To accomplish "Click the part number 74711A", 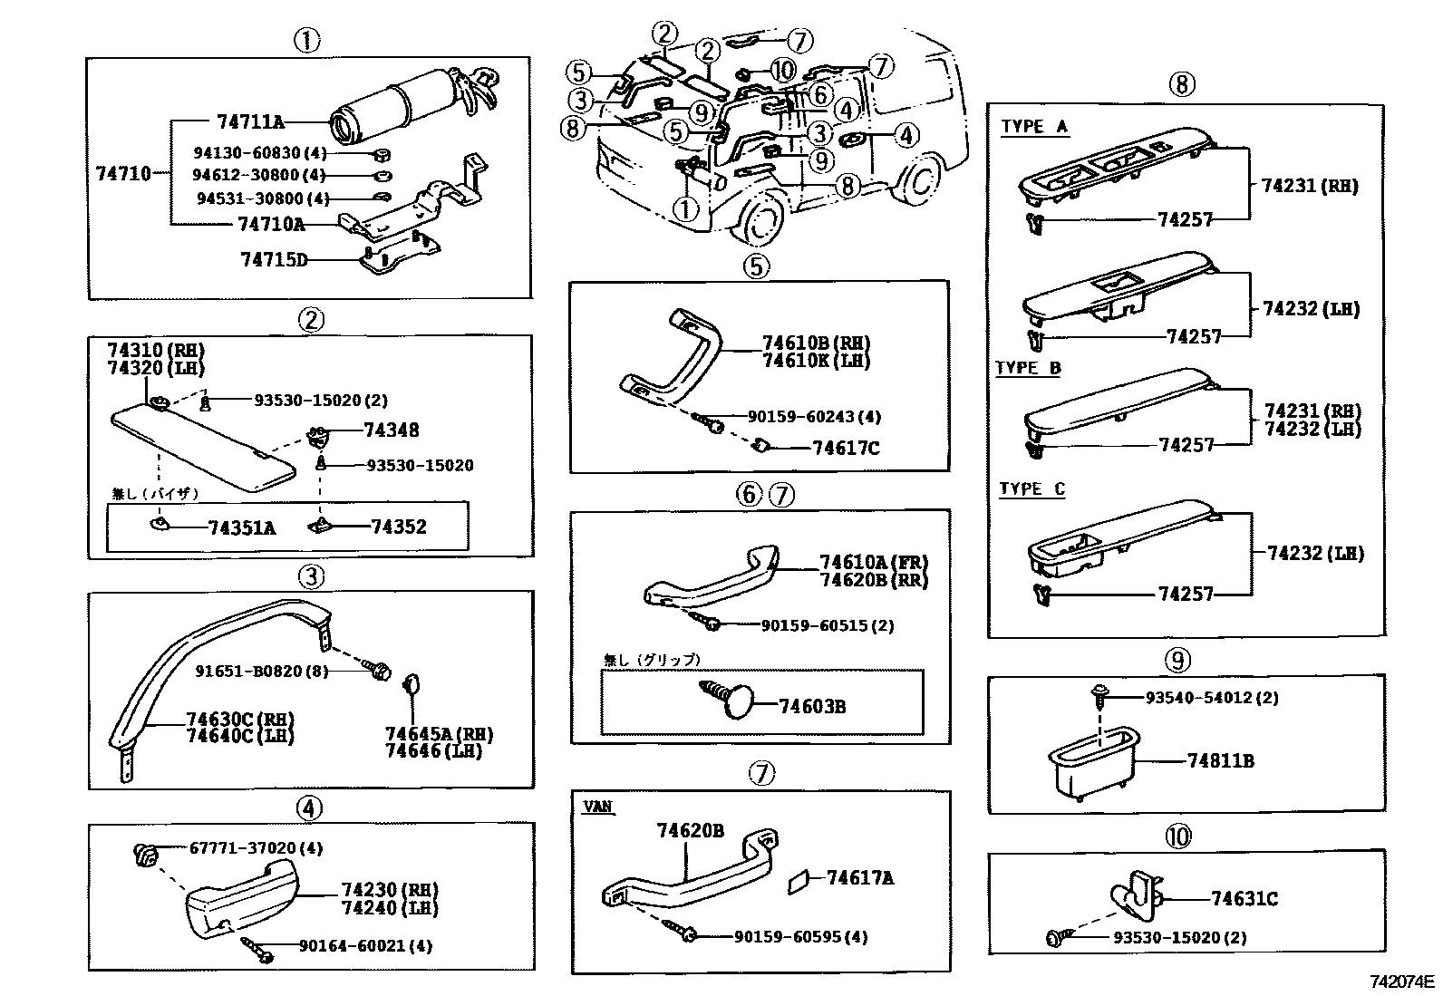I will [x=250, y=121].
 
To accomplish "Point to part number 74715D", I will [x=274, y=260].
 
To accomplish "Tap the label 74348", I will [x=392, y=430].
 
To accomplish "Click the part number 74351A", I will [x=241, y=527].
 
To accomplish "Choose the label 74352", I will [x=398, y=527].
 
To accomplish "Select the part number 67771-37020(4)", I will [x=256, y=848].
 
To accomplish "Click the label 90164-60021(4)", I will [x=365, y=946].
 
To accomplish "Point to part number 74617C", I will [x=846, y=448].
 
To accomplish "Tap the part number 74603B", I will [x=812, y=706].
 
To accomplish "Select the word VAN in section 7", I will [x=598, y=807].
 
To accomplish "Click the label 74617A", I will [x=860, y=877].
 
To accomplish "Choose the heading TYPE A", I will [x=1034, y=127].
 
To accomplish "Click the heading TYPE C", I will [x=1031, y=489].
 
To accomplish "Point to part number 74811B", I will [x=1220, y=761].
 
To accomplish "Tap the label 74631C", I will [x=1244, y=899].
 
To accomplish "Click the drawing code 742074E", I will [x=1402, y=981].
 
